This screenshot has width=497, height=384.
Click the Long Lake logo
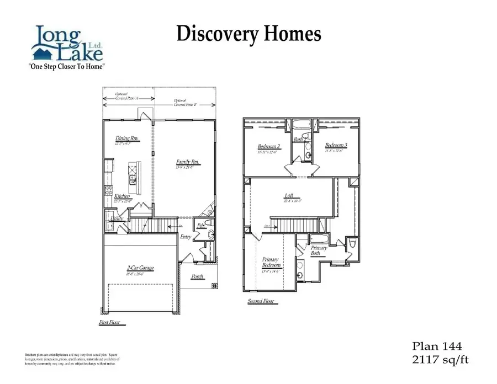[66, 44]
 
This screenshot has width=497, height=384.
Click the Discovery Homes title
[248, 34]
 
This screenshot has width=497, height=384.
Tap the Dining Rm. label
[126, 138]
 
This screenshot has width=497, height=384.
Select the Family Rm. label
[188, 162]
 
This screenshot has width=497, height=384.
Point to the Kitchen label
[122, 196]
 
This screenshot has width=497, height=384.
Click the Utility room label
[117, 218]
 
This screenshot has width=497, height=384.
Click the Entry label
[186, 237]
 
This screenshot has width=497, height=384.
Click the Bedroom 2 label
[269, 146]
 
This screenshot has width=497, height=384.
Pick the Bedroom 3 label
[336, 145]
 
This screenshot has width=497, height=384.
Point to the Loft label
[289, 195]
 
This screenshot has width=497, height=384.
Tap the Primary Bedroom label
[270, 262]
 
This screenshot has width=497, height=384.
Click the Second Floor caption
[261, 301]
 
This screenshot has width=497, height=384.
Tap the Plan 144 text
[436, 346]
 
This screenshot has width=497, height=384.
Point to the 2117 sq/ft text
[440, 360]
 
